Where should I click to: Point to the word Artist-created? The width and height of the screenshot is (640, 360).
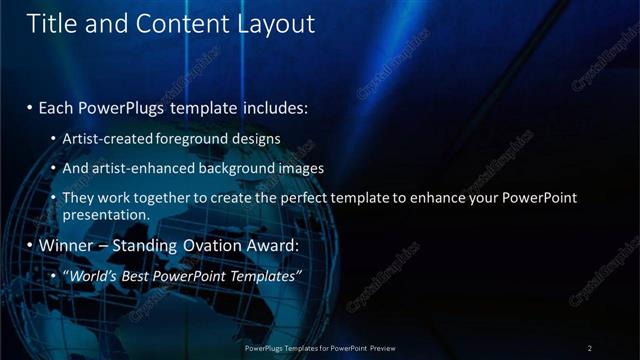point(107,138)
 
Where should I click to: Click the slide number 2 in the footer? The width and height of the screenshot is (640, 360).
point(590,348)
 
